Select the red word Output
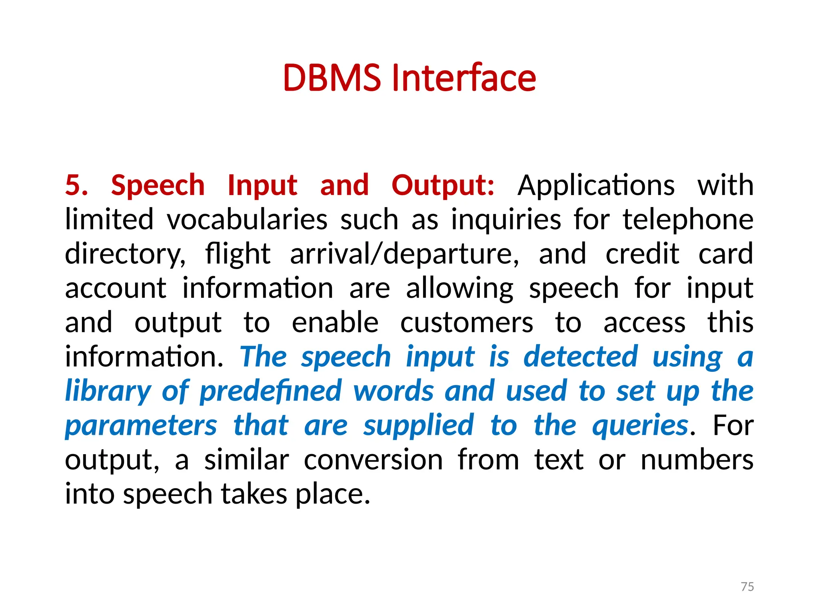[x=443, y=185]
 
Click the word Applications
[x=596, y=185]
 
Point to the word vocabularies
[x=247, y=219]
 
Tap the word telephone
[x=688, y=219]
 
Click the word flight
[x=238, y=254]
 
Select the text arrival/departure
[x=404, y=254]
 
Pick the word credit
[x=642, y=254]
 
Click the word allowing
[x=459, y=288]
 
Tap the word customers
[x=467, y=323]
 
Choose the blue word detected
[x=581, y=357]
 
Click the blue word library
[x=108, y=391]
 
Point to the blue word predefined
[x=271, y=391]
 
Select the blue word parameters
[x=141, y=425]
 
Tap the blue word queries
[x=640, y=425]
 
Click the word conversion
[x=373, y=460]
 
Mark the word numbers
[x=697, y=460]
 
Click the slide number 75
[x=747, y=586]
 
